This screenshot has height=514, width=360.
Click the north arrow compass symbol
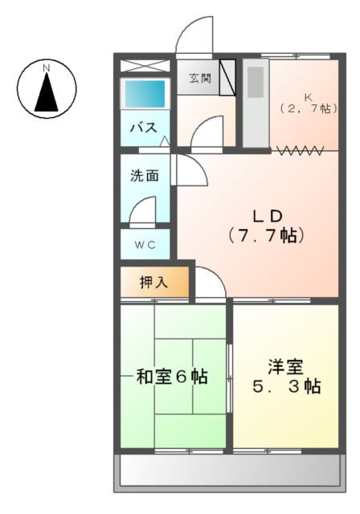pyautogui.click(x=47, y=90)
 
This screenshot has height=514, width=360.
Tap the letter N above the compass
pyautogui.click(x=47, y=67)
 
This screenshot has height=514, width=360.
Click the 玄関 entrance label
pyautogui.click(x=201, y=79)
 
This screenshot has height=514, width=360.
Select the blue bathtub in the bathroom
pyautogui.click(x=145, y=94)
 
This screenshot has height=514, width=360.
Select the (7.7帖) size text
pyautogui.click(x=265, y=235)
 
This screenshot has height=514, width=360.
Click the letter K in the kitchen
pyautogui.click(x=308, y=95)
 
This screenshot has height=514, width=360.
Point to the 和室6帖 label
pyautogui.click(x=172, y=376)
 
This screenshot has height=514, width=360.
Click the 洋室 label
pyautogui.click(x=284, y=367)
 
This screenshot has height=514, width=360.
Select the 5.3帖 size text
pyautogui.click(x=284, y=386)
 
